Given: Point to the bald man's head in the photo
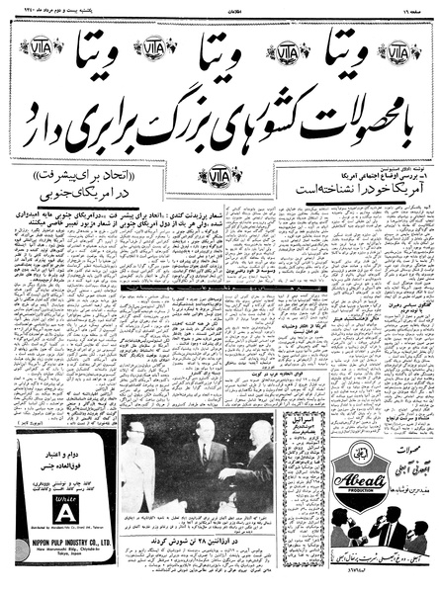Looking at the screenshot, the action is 254,458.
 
